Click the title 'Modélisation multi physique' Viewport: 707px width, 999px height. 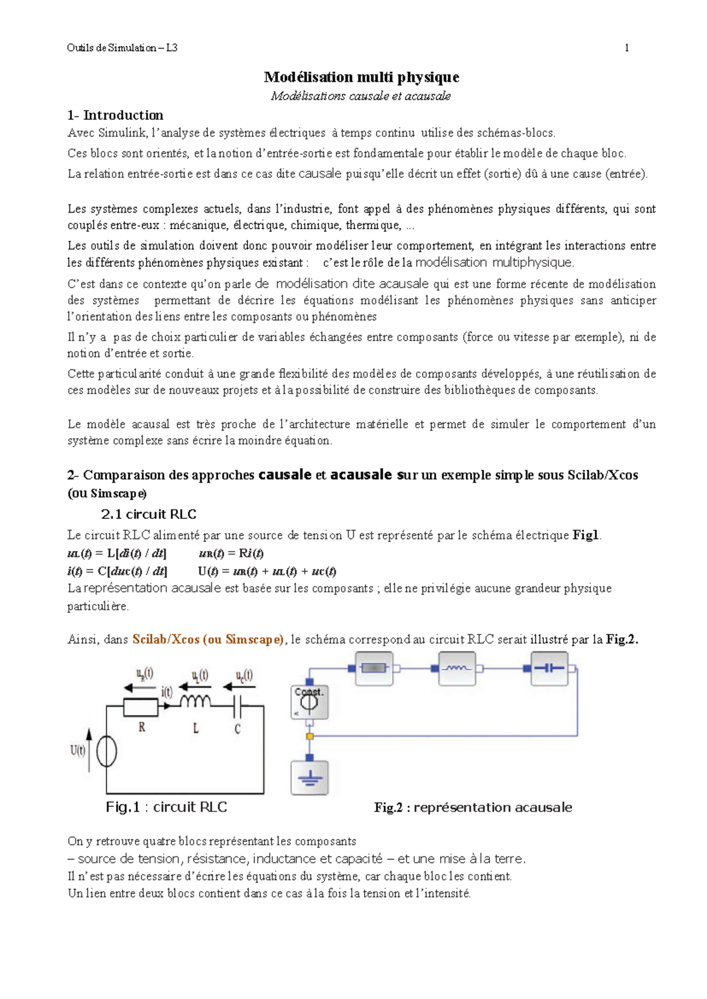tap(361, 77)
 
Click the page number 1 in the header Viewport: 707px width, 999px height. tap(626, 48)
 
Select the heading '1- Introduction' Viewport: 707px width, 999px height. tap(115, 115)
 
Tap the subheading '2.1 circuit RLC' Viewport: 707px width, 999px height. tap(148, 514)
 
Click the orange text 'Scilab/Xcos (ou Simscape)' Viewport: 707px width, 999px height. tap(208, 640)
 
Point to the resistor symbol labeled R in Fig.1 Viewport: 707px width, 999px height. tap(140, 707)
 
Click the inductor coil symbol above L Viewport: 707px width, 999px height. tap(195, 702)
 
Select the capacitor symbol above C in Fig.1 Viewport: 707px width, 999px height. tap(238, 705)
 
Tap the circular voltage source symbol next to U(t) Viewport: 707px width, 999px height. tap(107, 752)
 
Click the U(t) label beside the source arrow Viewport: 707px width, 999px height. tap(78, 750)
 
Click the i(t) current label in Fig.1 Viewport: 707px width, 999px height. tap(167, 692)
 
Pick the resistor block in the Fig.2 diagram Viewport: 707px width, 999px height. tap(374, 669)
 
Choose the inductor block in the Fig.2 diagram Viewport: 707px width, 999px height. tap(457, 669)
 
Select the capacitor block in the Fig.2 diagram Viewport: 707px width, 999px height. tap(549, 669)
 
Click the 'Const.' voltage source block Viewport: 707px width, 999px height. tap(309, 702)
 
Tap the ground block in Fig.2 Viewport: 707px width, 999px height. tap(309, 778)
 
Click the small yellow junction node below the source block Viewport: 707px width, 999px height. tap(310, 736)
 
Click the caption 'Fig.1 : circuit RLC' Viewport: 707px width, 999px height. tap(166, 808)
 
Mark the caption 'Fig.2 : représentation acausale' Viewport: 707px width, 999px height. tap(473, 808)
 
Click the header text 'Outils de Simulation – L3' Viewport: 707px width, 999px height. tap(122, 48)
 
